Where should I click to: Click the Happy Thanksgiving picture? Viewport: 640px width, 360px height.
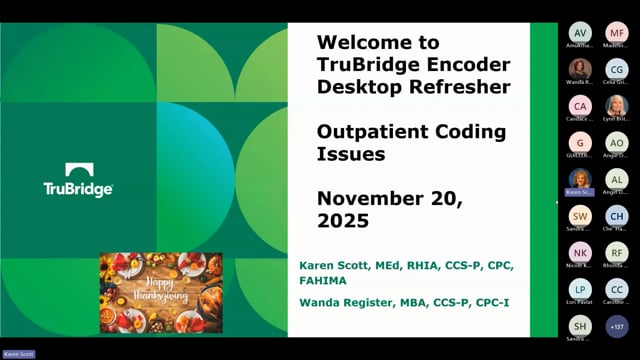tap(160, 293)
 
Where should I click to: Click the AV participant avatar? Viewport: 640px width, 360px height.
tap(580, 33)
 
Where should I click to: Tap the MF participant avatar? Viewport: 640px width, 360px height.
tap(617, 33)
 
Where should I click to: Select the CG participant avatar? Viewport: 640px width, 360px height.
tap(617, 69)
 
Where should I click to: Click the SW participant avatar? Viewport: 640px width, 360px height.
tap(580, 215)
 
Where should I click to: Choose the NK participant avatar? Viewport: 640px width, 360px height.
tap(580, 252)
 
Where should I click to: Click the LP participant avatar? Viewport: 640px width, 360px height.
tap(580, 288)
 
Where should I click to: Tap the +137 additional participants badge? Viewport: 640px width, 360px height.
tap(617, 325)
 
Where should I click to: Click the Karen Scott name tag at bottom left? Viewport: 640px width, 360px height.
tap(19, 354)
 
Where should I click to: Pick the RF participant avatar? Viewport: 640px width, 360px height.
tap(617, 252)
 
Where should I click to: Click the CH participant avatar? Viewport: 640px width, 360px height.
tap(617, 215)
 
